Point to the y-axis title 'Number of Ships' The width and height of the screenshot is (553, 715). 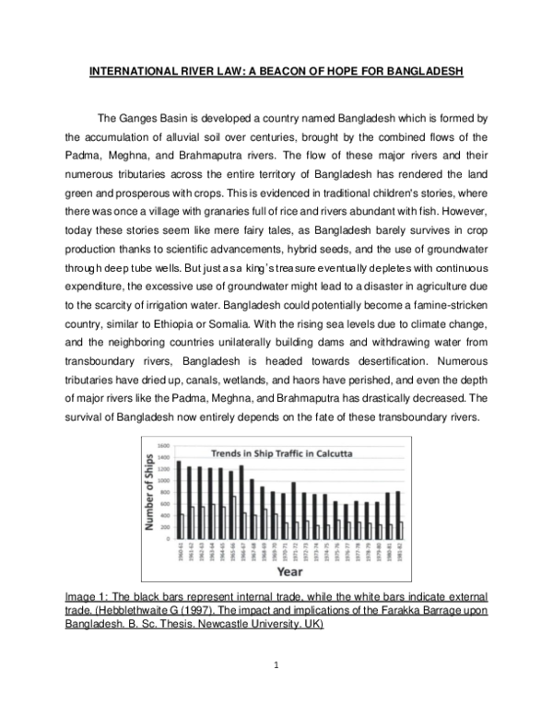tap(149, 496)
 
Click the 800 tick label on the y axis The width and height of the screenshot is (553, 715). tap(163, 491)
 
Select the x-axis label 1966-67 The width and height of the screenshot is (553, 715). tap(241, 551)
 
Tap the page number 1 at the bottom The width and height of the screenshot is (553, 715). tap(276, 686)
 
